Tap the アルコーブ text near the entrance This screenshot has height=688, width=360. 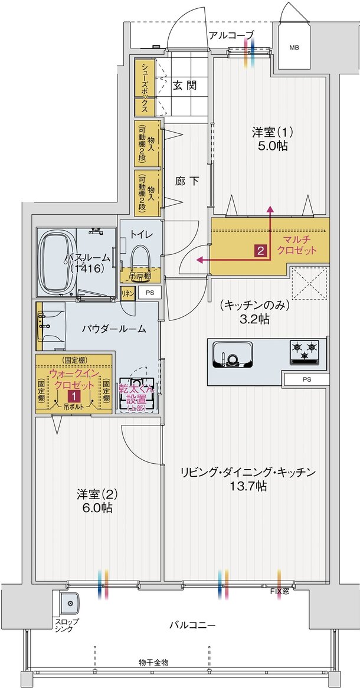point(231,35)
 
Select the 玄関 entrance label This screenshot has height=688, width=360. point(185,85)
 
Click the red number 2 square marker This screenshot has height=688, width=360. point(260,250)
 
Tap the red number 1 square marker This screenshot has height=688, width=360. point(74,396)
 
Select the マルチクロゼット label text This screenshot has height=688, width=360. point(300,245)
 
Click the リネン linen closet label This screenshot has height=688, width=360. point(127,292)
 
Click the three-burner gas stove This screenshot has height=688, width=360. point(303,352)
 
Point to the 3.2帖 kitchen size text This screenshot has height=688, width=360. point(254,319)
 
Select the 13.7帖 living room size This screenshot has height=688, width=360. point(249,487)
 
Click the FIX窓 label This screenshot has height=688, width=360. point(280,591)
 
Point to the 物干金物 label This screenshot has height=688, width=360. point(154,663)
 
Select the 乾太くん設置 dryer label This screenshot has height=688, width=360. point(136,392)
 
